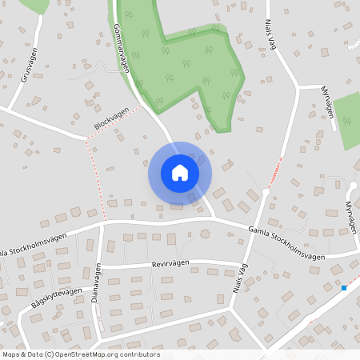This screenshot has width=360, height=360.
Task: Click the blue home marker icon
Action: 179,172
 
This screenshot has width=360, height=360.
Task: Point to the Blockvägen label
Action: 111,121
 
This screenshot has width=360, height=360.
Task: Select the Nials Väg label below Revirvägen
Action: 237,285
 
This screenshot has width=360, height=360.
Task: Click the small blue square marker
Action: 344,287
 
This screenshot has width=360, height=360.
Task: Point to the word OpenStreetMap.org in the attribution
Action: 94,354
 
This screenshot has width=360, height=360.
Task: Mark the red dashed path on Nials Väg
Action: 276,169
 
